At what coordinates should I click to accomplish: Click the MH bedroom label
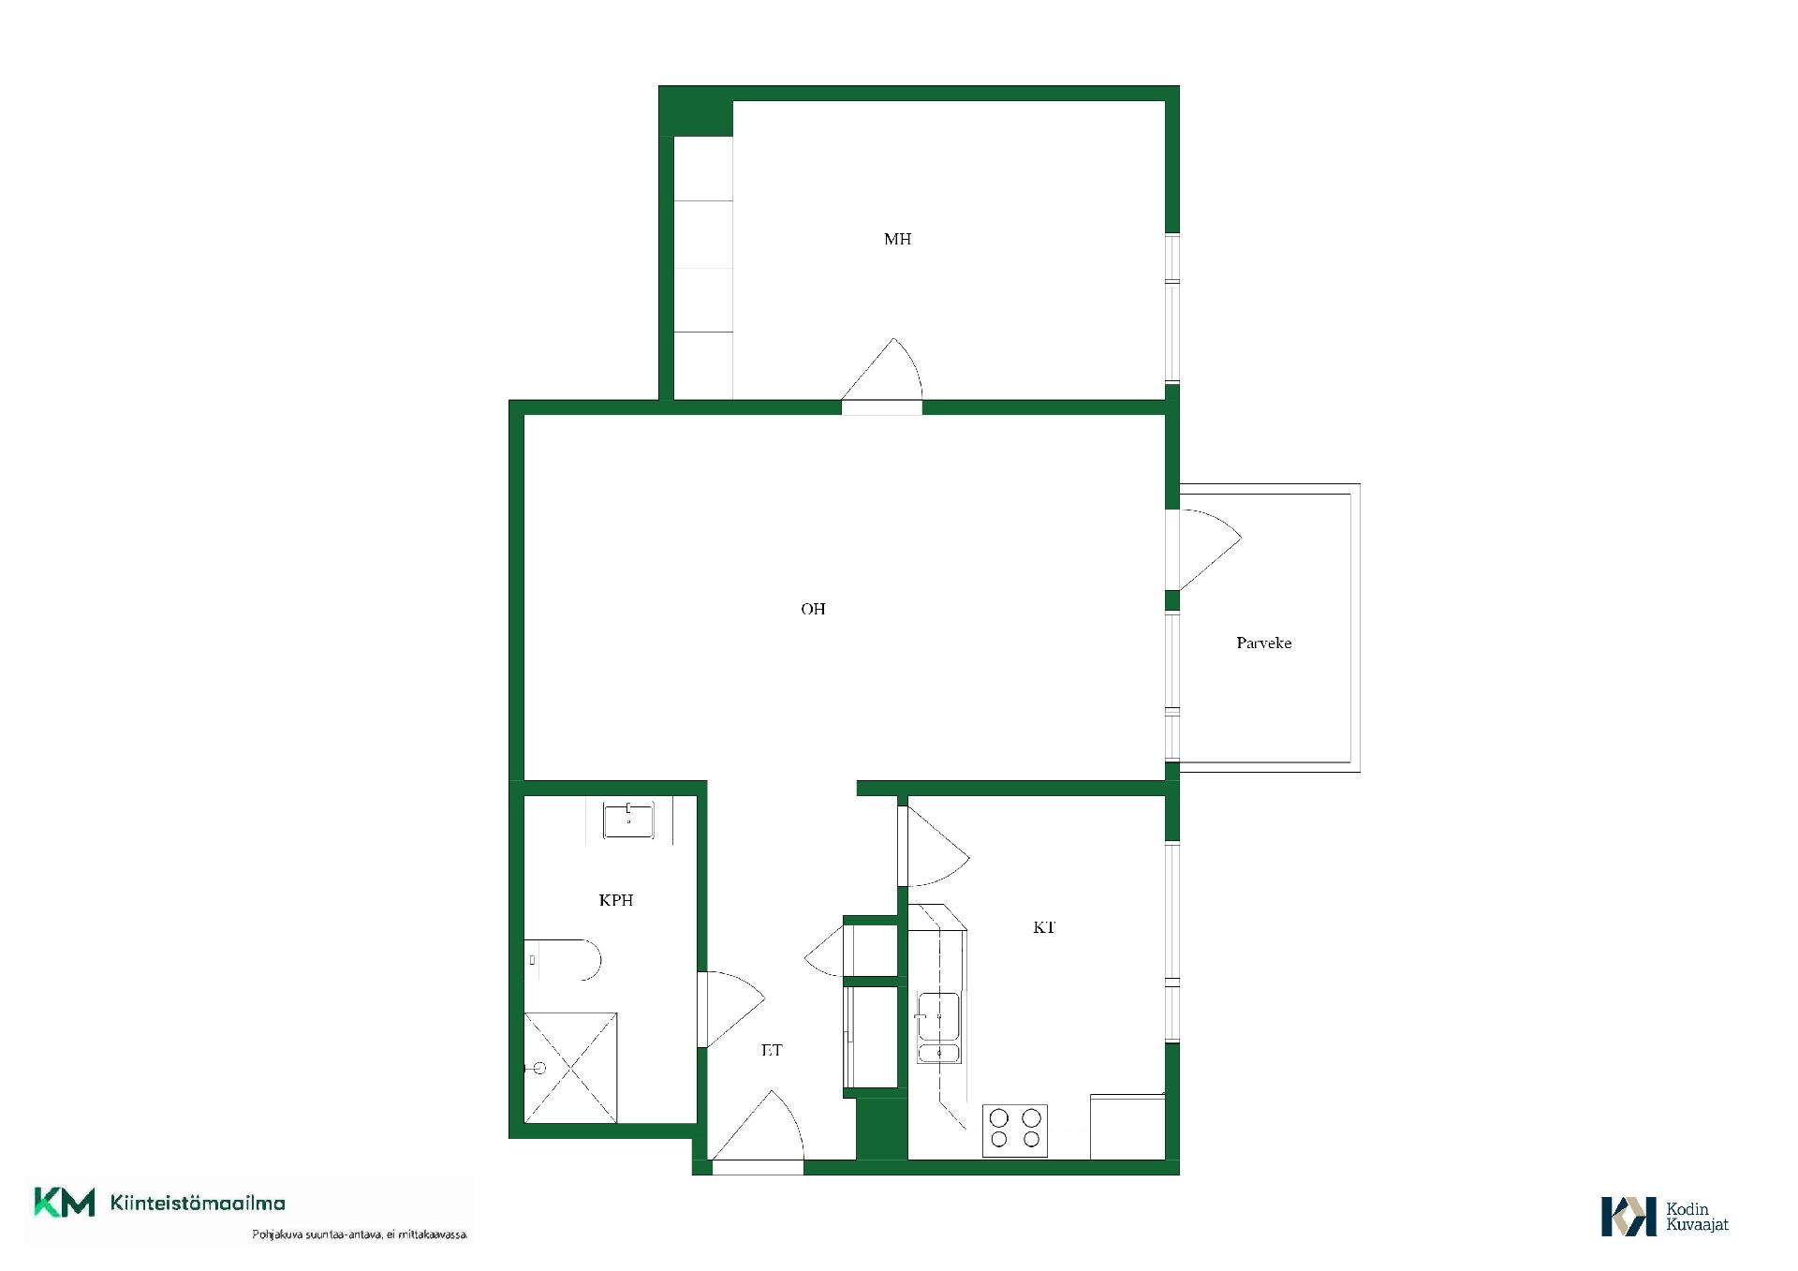click(897, 239)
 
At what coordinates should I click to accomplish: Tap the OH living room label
click(813, 609)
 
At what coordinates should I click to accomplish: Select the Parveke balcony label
click(1263, 643)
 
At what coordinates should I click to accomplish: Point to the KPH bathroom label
click(616, 900)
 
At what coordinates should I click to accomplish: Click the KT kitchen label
click(1044, 927)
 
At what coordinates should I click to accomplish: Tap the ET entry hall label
click(771, 1050)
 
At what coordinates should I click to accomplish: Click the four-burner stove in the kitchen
click(1015, 1130)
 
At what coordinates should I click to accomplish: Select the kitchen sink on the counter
click(937, 1027)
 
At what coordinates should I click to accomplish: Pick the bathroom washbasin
click(627, 820)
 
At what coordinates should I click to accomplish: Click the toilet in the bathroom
click(562, 960)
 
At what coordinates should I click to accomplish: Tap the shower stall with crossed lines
click(570, 1067)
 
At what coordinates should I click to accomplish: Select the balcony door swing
click(1210, 550)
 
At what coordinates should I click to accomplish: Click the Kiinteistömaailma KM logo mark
click(65, 1203)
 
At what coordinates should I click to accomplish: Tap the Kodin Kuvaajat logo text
click(1697, 1217)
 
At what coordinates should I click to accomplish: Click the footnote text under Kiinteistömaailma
click(360, 1234)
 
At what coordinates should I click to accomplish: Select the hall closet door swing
click(824, 952)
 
